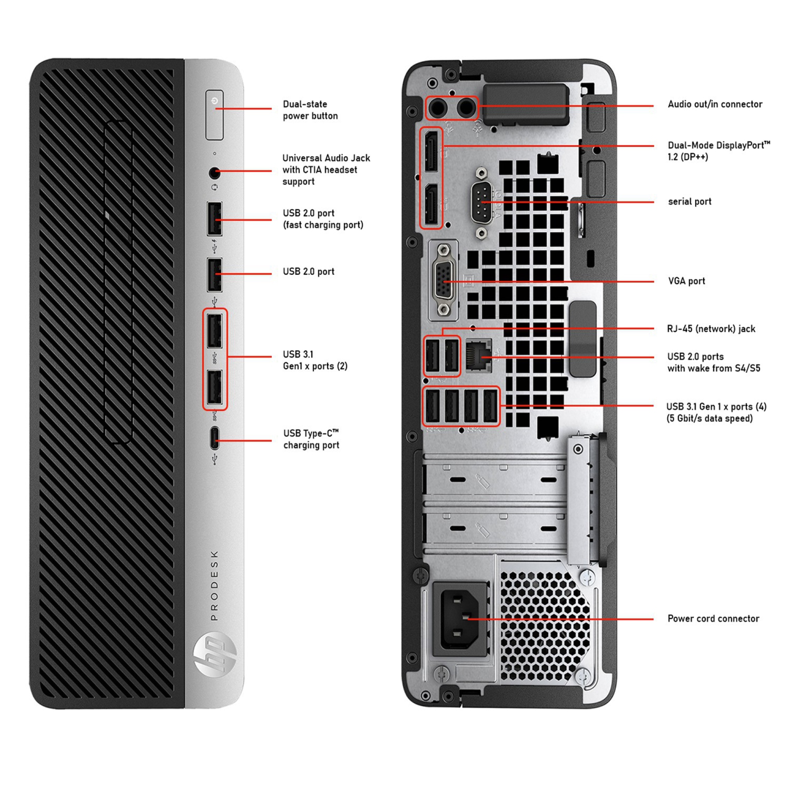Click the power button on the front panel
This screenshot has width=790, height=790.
pyautogui.click(x=214, y=115)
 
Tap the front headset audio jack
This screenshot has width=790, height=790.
pyautogui.click(x=214, y=172)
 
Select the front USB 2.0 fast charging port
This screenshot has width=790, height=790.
pyautogui.click(x=214, y=219)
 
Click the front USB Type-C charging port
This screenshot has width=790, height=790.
pyautogui.click(x=214, y=438)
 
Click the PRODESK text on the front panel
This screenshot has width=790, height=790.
pyautogui.click(x=214, y=586)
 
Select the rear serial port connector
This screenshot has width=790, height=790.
pyautogui.click(x=481, y=202)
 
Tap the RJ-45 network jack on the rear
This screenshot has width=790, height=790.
pyautogui.click(x=478, y=355)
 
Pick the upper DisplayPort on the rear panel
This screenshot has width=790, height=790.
pyautogui.click(x=431, y=151)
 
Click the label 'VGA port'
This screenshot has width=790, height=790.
pyautogui.click(x=686, y=281)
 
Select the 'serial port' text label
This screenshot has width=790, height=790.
pyautogui.click(x=689, y=202)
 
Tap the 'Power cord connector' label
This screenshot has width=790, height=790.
pyautogui.click(x=713, y=619)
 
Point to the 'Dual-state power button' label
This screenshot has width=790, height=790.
pyautogui.click(x=310, y=110)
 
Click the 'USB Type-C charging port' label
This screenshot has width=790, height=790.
pyautogui.click(x=311, y=439)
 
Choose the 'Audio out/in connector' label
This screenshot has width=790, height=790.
pyautogui.click(x=715, y=104)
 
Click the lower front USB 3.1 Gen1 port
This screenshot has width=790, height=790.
pyautogui.click(x=214, y=389)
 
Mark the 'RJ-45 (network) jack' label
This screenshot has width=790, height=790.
pyautogui.click(x=711, y=329)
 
